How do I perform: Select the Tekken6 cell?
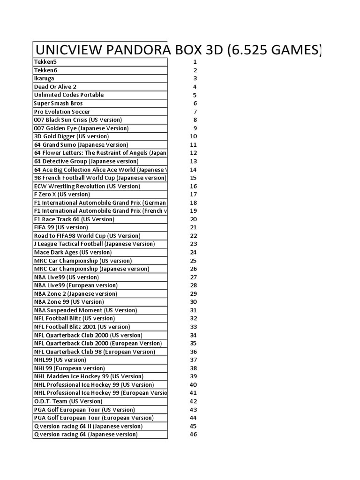45,70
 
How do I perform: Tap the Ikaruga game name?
44,78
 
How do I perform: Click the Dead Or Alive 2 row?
55,87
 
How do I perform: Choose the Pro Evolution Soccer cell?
62,112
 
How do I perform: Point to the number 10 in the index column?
193,136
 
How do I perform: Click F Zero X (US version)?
62,195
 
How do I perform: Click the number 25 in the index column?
193,261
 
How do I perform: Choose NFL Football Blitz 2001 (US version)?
82,327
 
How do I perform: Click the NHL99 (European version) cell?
69,368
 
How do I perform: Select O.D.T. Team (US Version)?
68,401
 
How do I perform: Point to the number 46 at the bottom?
193,435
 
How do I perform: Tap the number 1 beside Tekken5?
195,62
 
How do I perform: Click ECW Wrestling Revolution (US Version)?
87,186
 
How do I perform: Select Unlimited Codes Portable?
68,95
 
